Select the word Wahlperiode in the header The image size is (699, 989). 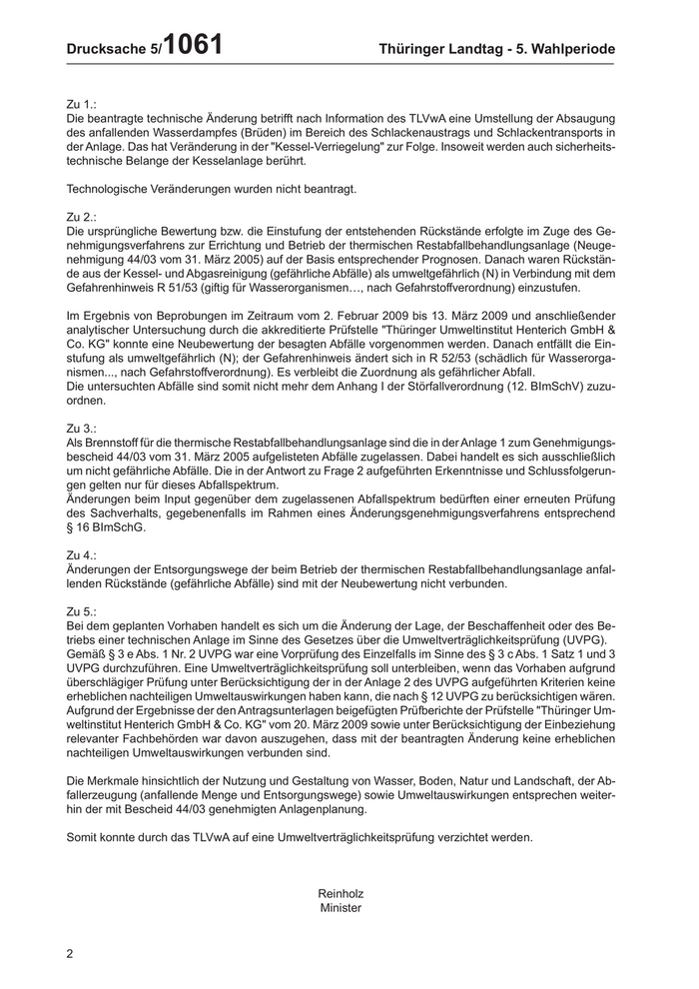tap(568, 49)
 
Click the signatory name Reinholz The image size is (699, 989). tap(341, 893)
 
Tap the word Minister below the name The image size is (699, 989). tap(341, 908)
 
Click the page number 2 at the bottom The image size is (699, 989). tap(70, 954)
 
